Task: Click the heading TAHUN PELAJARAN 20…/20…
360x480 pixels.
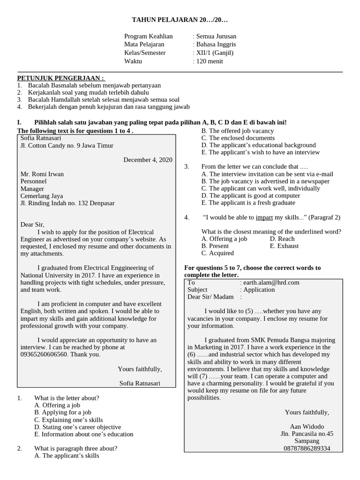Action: (x=180, y=21)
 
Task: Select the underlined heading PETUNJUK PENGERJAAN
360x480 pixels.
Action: (x=61, y=78)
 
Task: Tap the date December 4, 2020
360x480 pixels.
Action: (x=148, y=160)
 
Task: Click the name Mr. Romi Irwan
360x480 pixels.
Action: (x=42, y=174)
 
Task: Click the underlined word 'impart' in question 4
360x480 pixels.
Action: (x=264, y=217)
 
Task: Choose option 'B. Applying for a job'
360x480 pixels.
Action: (x=62, y=412)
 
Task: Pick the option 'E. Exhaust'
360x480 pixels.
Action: (x=284, y=246)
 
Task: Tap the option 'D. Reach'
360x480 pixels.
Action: (x=282, y=239)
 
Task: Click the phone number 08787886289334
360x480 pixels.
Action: (x=307, y=448)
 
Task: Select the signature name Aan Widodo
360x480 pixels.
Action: (x=307, y=427)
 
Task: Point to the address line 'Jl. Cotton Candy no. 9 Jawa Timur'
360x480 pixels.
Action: (x=67, y=146)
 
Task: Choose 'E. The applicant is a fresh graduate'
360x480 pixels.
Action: (x=248, y=203)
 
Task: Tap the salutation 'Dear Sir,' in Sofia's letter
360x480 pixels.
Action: (x=32, y=225)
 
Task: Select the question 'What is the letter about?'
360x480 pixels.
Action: (x=67, y=398)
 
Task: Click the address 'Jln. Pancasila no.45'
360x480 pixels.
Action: (x=307, y=434)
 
